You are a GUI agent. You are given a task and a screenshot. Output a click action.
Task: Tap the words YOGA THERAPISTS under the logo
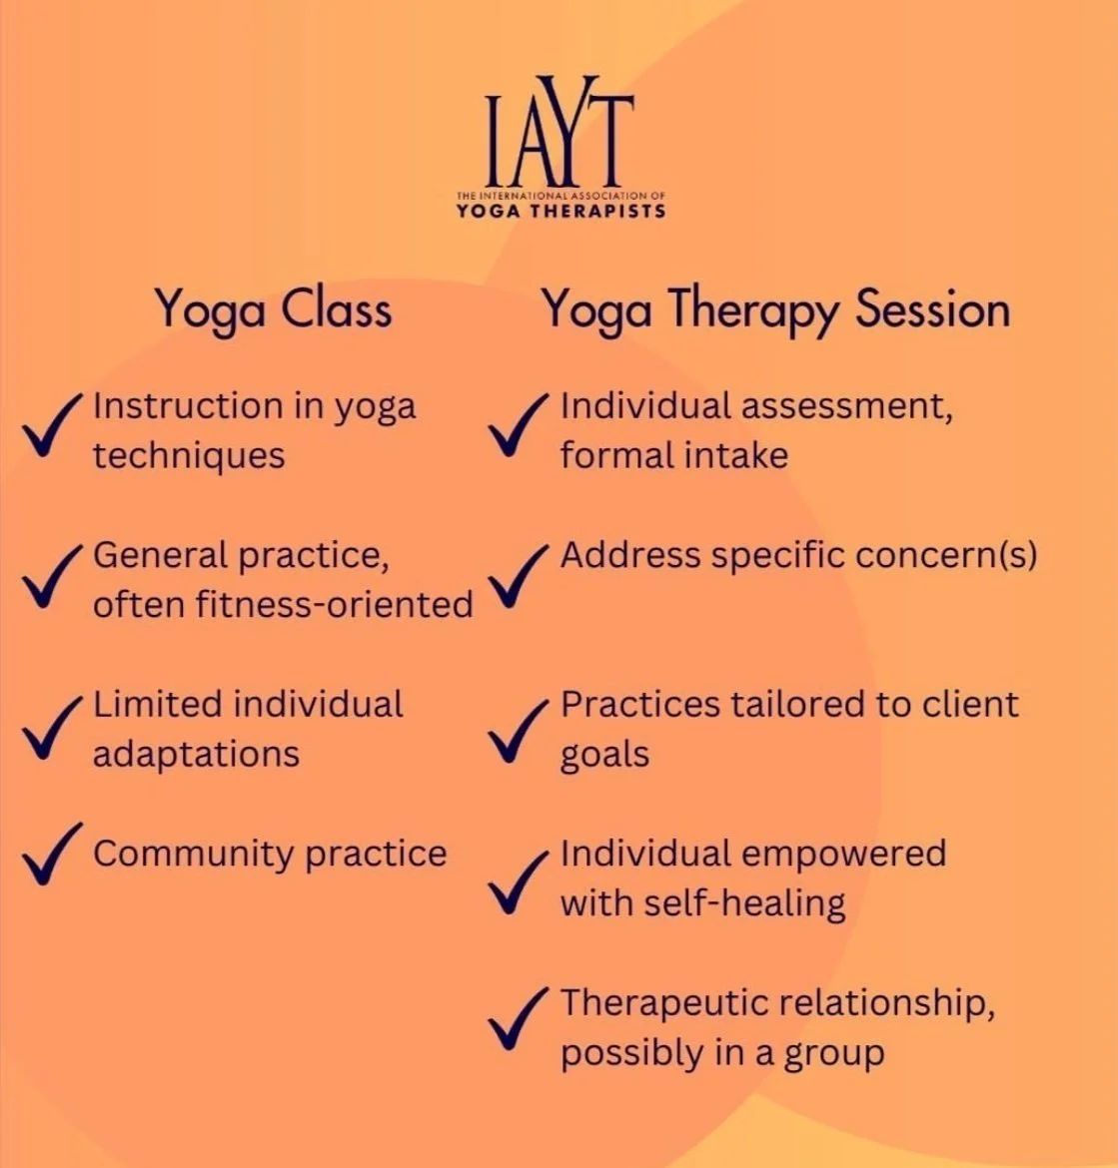point(560,211)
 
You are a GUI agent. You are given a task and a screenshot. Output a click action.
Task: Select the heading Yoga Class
point(273,309)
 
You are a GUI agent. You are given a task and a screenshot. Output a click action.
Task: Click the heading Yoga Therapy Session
point(775,309)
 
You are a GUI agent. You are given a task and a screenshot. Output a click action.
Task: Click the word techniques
point(189,456)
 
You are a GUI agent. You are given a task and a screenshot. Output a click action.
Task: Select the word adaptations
point(196,754)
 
